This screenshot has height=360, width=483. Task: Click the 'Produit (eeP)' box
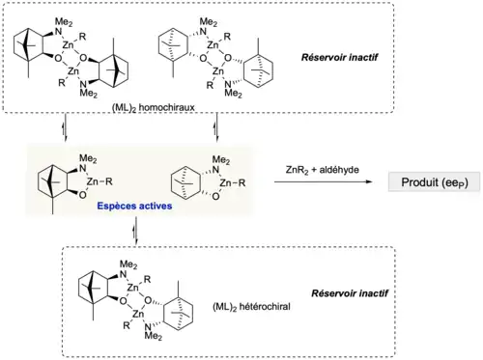434,182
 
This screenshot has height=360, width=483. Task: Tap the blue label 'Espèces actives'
134,206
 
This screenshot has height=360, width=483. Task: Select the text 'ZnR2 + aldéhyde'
322,170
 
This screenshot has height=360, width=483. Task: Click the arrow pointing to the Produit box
323,182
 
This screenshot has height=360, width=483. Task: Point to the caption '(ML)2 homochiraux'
154,107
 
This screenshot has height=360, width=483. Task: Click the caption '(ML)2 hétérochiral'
251,307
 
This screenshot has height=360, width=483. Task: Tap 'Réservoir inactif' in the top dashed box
340,58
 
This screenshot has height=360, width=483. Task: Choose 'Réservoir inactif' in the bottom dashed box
350,293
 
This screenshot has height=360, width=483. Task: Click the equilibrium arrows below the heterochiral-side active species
136,230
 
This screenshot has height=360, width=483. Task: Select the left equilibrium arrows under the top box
65,127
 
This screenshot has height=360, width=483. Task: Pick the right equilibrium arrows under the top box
216,127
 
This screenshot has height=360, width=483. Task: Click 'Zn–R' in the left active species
99,181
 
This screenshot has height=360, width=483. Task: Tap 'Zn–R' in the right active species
233,183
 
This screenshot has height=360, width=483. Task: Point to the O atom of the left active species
82,195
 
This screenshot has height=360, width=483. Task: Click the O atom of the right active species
215,196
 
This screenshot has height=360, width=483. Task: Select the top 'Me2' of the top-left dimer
64,22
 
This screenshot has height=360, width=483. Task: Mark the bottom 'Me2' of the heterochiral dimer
154,336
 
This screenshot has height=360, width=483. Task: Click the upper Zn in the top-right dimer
213,45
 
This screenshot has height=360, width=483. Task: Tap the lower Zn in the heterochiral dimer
138,314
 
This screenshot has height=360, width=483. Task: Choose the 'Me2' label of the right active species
221,160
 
